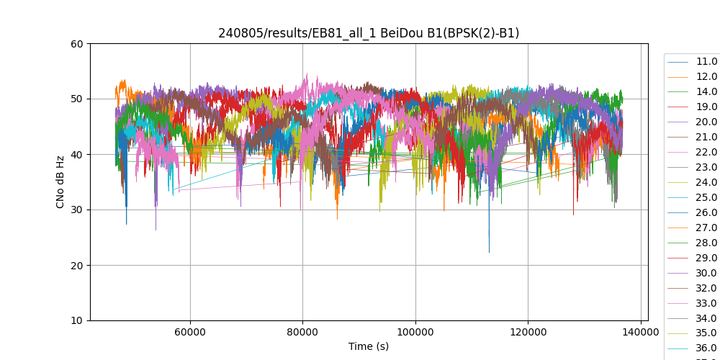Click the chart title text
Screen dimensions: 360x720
369,33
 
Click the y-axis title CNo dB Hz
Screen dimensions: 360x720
60,182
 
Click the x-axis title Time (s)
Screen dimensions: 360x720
369,346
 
